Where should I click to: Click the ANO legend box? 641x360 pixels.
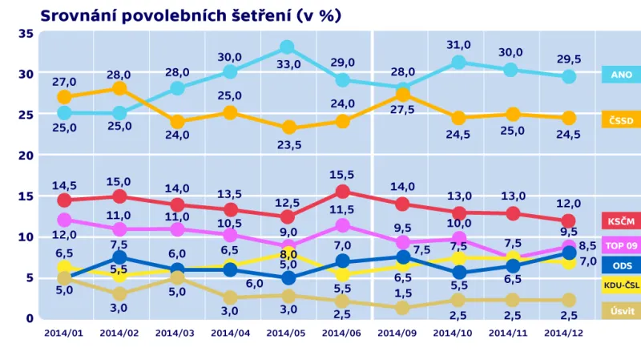tap(621, 75)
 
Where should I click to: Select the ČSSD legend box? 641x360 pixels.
tap(621, 120)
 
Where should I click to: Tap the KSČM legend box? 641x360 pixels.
tap(621, 220)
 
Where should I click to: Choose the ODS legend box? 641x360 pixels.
tap(621, 265)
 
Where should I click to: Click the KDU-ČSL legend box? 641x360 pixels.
tap(621, 286)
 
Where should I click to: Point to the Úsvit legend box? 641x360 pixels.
tap(621, 310)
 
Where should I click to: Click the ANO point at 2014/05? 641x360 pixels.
tap(287, 47)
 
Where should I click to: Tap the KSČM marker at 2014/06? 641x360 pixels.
tap(343, 191)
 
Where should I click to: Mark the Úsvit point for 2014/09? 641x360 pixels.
tap(402, 308)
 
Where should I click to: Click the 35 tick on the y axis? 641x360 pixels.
tap(25, 33)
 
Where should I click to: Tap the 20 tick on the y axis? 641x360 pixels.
tap(25, 155)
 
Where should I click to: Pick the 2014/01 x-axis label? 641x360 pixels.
tap(62, 333)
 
